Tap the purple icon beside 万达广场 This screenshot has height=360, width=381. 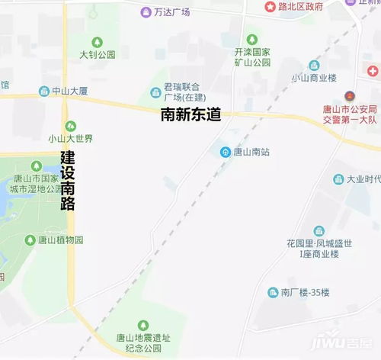pos(146,12)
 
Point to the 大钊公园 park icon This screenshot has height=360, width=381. pos(97,42)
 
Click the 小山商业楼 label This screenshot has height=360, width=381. pos(314,78)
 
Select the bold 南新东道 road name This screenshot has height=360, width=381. pos(190,115)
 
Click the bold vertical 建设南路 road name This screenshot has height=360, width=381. pos(69,180)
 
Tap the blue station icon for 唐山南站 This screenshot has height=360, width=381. pos(226,152)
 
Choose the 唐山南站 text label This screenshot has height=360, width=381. pos(251,152)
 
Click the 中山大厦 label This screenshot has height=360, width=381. pos(69,92)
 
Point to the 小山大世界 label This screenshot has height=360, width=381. pos(70,139)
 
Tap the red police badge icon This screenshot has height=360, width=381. pos(349,96)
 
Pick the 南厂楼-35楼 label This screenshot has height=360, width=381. pos(304,293)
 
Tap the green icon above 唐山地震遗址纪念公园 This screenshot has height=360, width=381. pos(142,326)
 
